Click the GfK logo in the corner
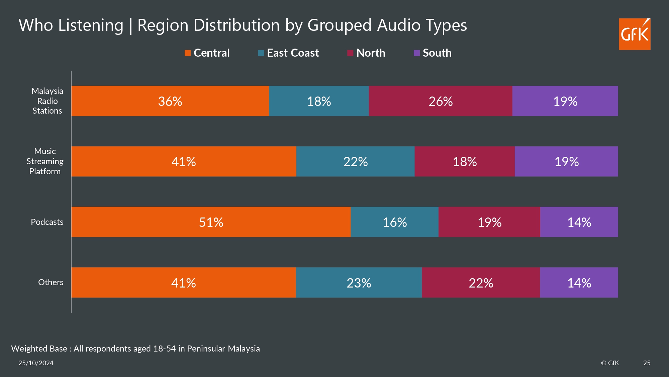[x=634, y=34]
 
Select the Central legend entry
[x=207, y=53]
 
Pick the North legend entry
[x=366, y=53]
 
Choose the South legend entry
[x=433, y=53]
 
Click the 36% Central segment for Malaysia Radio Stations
[x=170, y=101]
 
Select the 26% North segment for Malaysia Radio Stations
[x=440, y=101]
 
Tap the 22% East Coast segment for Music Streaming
[x=355, y=162]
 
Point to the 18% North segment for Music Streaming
[x=465, y=162]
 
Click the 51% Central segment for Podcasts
[x=211, y=222]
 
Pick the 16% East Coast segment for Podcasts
[x=394, y=222]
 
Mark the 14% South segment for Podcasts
[x=579, y=222]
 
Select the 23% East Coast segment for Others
[x=359, y=283]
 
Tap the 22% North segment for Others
[x=481, y=283]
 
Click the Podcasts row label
[x=47, y=222]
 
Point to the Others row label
[x=51, y=282]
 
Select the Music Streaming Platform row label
[x=45, y=162]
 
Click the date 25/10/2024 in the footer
[x=36, y=363]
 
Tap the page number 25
[x=647, y=363]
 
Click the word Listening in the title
[x=91, y=25]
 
